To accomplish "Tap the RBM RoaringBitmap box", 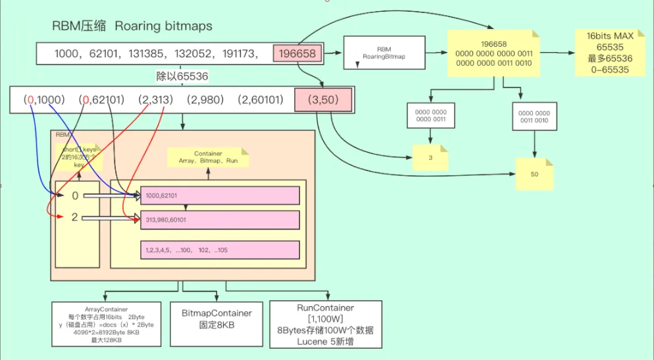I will pyautogui.click(x=384, y=53).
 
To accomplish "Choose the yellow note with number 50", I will pyautogui.click(x=534, y=176).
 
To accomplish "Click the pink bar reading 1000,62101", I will pyautogui.click(x=219, y=195).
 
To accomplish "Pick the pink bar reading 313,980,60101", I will pyautogui.click(x=219, y=219).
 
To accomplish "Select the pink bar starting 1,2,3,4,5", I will pyautogui.click(x=219, y=250).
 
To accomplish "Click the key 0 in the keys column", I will pyautogui.click(x=74, y=195).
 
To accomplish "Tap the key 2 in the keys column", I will pyautogui.click(x=74, y=217).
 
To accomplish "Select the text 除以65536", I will pyautogui.click(x=182, y=76).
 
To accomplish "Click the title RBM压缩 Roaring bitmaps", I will pyautogui.click(x=132, y=26).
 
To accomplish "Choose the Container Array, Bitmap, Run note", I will pyautogui.click(x=208, y=157).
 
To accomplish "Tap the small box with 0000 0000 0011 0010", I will pyautogui.click(x=535, y=116).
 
